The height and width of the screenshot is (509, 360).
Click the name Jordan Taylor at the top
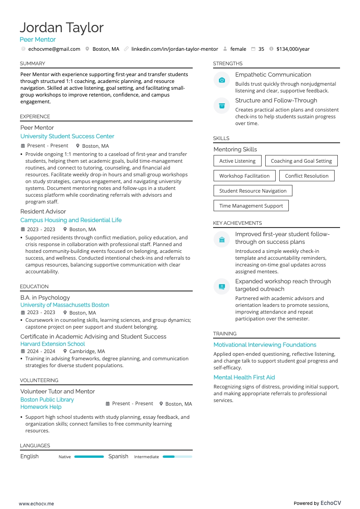pyautogui.click(x=62, y=28)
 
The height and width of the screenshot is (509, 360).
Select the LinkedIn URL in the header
pyautogui.click(x=175, y=49)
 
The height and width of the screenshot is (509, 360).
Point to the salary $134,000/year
pyautogui.click(x=293, y=49)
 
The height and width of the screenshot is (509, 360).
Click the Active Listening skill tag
pyautogui.click(x=237, y=161)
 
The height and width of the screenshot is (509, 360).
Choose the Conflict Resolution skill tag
pyautogui.click(x=306, y=176)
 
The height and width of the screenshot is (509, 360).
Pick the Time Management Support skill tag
pyautogui.click(x=251, y=206)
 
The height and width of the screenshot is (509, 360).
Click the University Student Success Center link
pyautogui.click(x=67, y=136)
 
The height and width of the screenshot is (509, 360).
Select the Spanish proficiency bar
pyautogui.click(x=177, y=457)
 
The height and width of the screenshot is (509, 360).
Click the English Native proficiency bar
pyautogui.click(x=89, y=457)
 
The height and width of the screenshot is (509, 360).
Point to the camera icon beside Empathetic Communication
pyautogui.click(x=222, y=80)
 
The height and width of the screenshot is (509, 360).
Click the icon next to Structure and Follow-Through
pyautogui.click(x=222, y=106)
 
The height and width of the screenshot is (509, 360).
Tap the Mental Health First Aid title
pyautogui.click(x=244, y=378)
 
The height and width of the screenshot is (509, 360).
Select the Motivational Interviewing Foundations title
pyautogui.click(x=265, y=345)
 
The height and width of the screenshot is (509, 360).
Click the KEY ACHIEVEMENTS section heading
pyautogui.click(x=238, y=223)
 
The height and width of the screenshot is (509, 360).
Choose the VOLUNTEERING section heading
pyautogui.click(x=39, y=380)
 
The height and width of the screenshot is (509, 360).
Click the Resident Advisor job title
pyautogui.click(x=43, y=212)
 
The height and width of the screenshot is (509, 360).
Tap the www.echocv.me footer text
pyautogui.click(x=36, y=504)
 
